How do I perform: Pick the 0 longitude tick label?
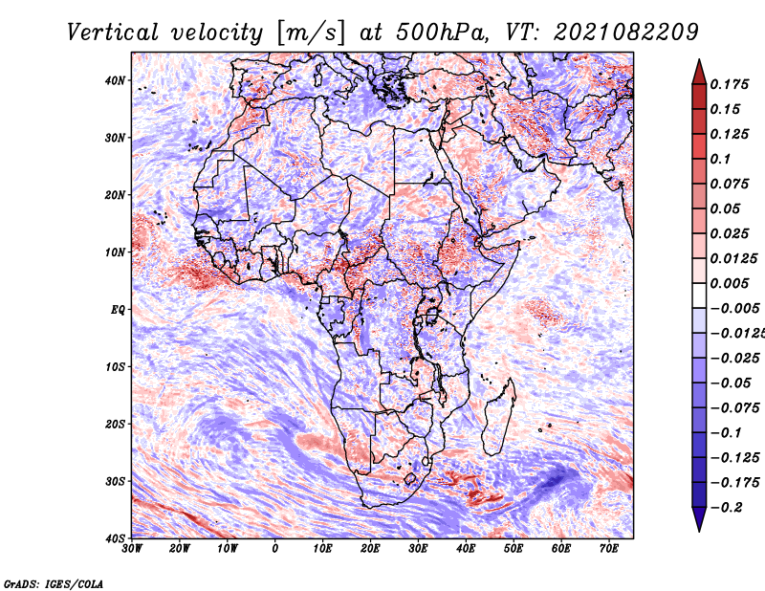275,549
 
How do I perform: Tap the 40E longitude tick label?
466,549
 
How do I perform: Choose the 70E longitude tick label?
608,549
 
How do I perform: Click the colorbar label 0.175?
729,84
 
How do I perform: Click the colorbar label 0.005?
729,283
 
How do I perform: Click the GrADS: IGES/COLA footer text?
53,582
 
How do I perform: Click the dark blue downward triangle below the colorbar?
699,520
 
